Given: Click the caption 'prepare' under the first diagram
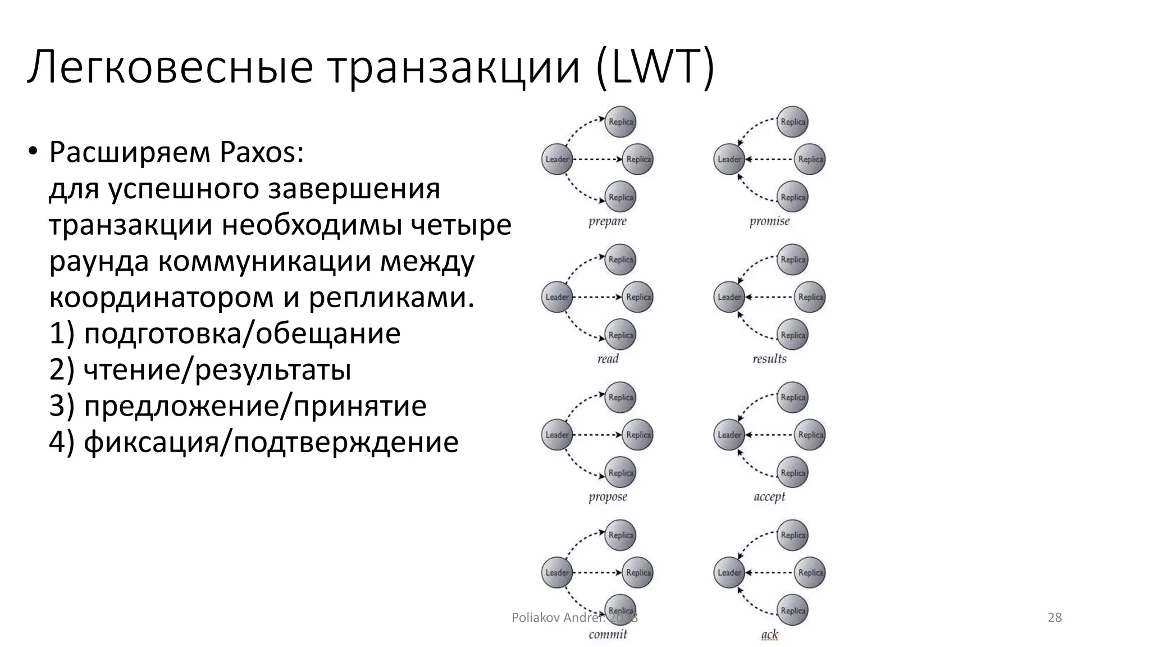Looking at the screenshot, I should [x=607, y=221].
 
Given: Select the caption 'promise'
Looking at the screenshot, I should [x=769, y=221].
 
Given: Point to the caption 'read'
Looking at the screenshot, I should [x=608, y=359].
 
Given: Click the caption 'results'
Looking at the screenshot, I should [x=769, y=359].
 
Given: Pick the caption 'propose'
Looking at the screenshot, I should [x=608, y=497].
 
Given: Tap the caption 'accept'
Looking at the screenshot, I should [x=769, y=497].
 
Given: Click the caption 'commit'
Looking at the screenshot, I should [x=608, y=635].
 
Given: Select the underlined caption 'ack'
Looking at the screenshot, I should [x=769, y=635].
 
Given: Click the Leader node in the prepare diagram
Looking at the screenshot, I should [x=557, y=159].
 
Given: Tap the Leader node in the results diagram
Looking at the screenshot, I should [x=729, y=297].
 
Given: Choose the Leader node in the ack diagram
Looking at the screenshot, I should [x=729, y=573].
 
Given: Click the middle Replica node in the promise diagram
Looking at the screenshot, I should [x=810, y=159].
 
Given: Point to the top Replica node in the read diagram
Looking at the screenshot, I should [x=620, y=259].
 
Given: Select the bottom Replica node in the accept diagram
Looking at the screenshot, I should [x=793, y=473].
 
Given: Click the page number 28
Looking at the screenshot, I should [x=1055, y=618].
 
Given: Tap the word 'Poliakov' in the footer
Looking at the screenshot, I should [x=536, y=618].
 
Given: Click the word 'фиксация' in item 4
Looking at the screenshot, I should [x=149, y=442].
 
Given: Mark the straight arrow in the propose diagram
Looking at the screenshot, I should [x=597, y=435].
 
